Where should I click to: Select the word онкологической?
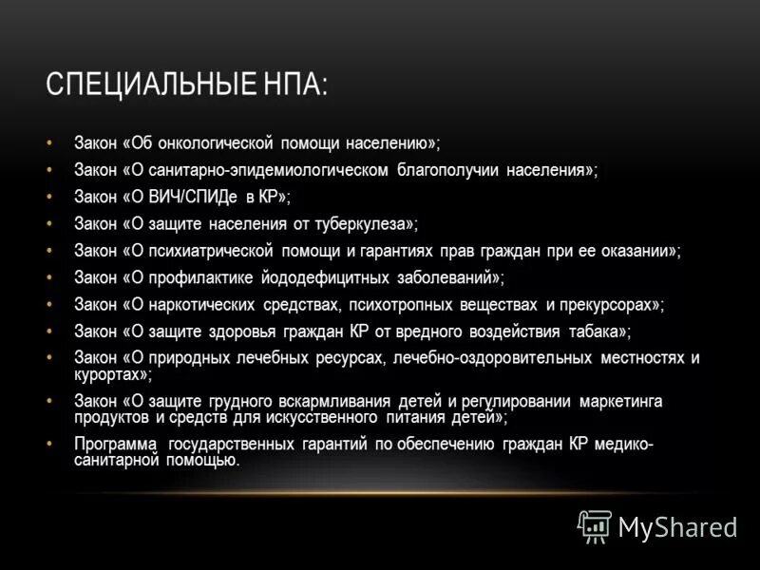click(215, 142)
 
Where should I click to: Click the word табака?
click(595, 332)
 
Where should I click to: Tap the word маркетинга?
click(620, 401)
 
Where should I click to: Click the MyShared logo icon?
click(595, 524)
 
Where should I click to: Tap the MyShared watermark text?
click(677, 526)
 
